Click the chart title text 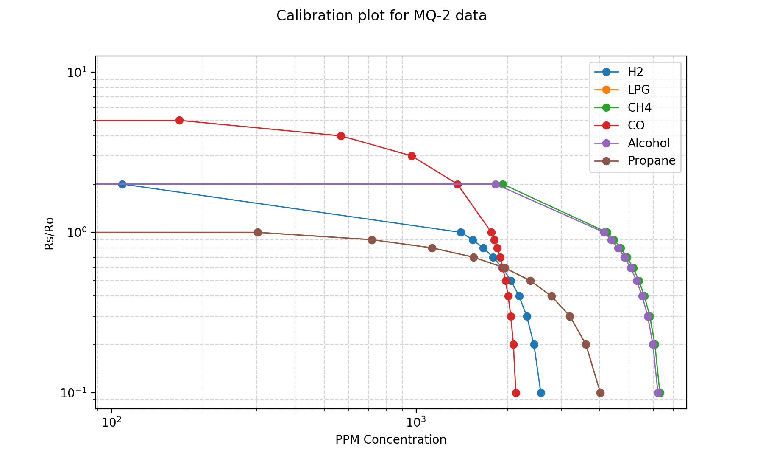click(381, 16)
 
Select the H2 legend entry click(635, 72)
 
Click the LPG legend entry click(638, 90)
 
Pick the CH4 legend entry click(639, 107)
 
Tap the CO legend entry click(636, 125)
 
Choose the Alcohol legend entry click(649, 143)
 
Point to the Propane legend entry click(651, 161)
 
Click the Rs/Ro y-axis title click(50, 233)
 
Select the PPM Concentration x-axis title click(391, 440)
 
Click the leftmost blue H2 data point click(122, 184)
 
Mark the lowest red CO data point click(516, 393)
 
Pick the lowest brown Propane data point click(600, 393)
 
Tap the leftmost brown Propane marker click(258, 232)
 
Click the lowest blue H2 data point click(541, 393)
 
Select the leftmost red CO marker click(179, 120)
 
